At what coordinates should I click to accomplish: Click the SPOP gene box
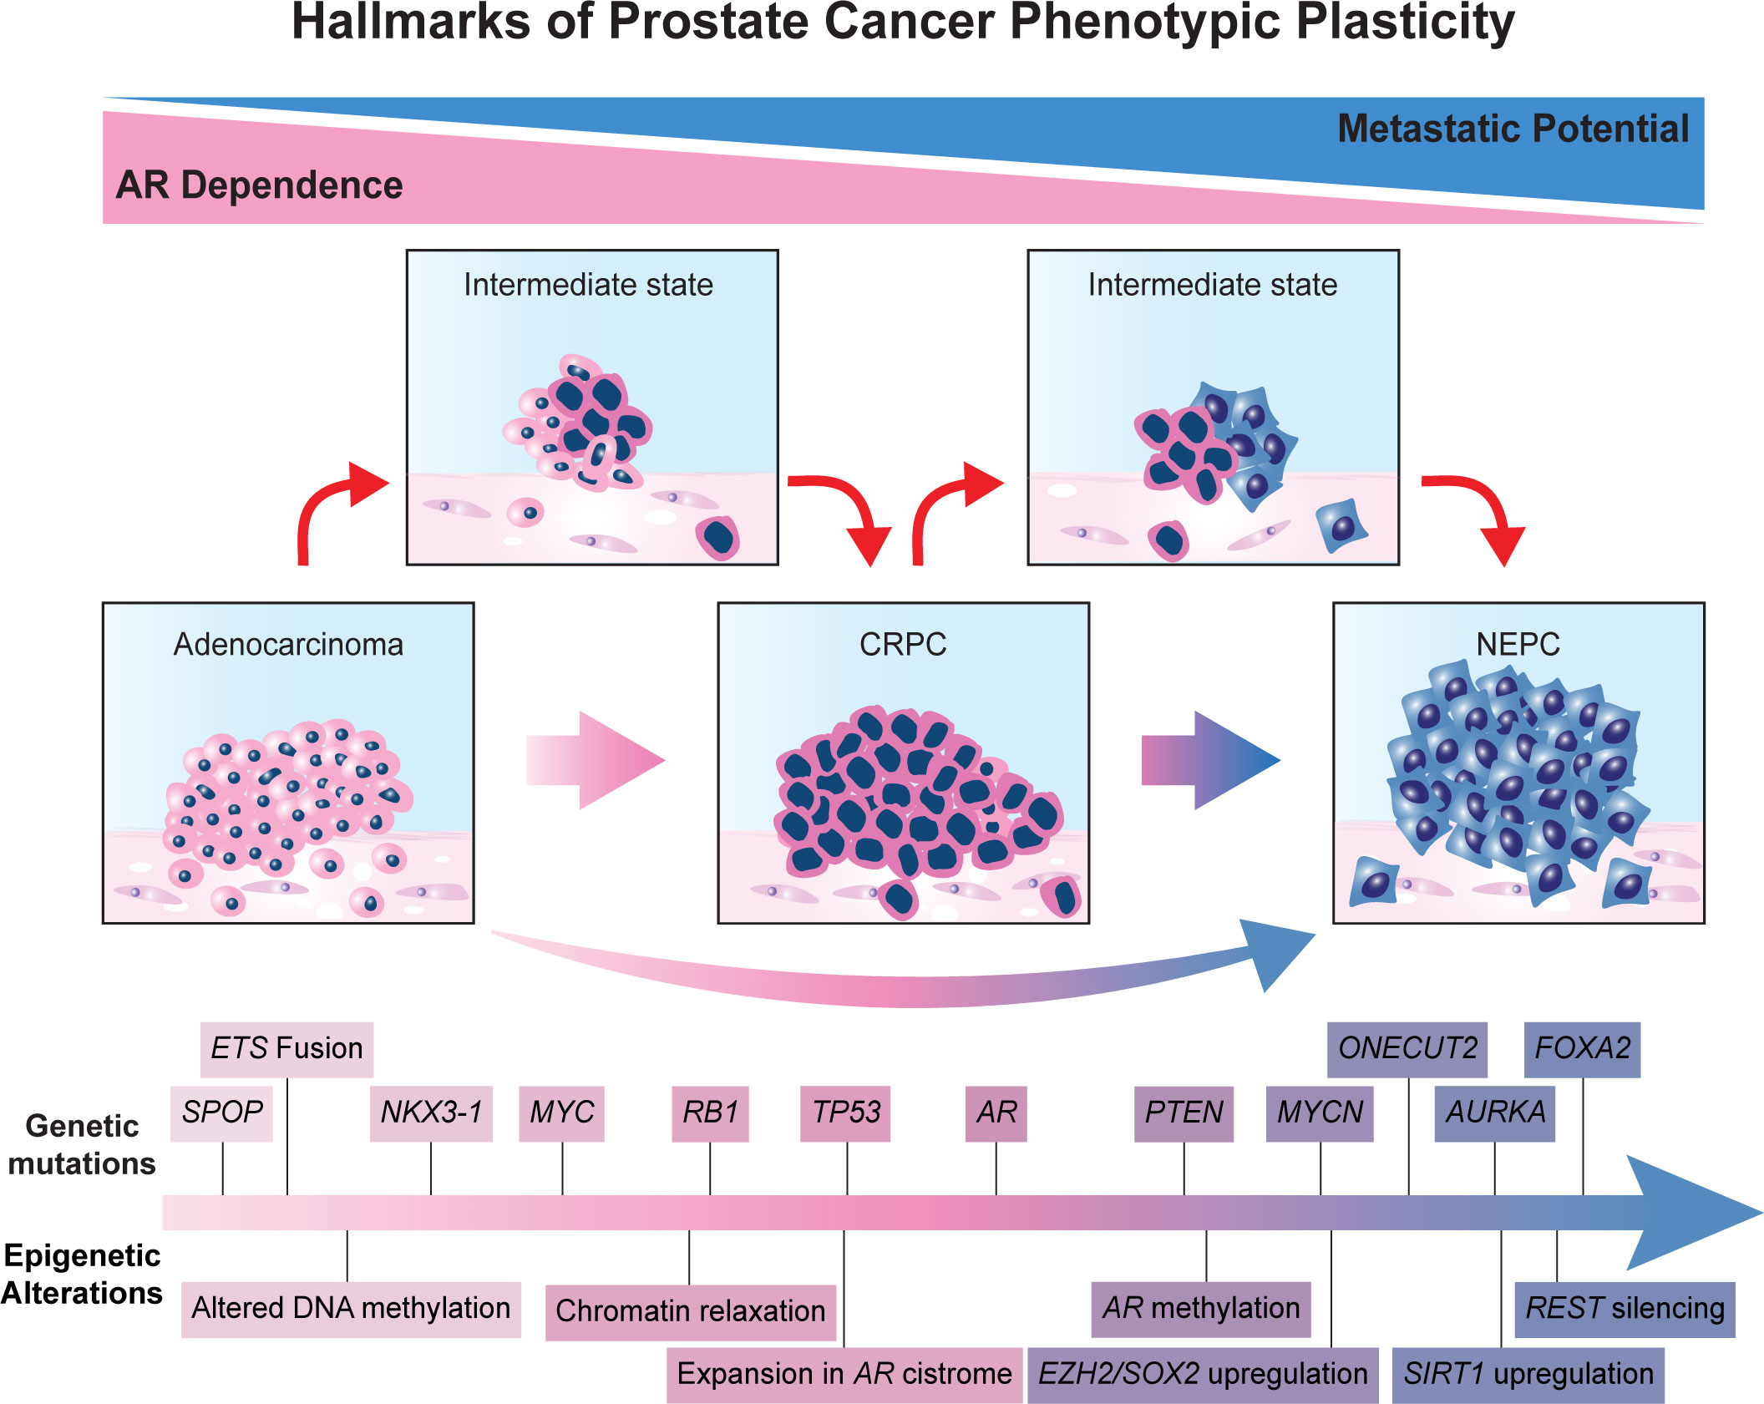[x=221, y=1113]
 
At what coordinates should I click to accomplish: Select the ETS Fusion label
[x=286, y=1049]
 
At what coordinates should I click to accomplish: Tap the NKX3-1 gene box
[x=431, y=1113]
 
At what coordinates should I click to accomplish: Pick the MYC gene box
[x=561, y=1113]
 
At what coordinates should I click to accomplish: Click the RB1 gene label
[x=710, y=1113]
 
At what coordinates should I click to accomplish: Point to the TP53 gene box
[x=845, y=1113]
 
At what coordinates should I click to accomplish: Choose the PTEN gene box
[x=1184, y=1113]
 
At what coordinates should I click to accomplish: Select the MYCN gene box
[x=1320, y=1113]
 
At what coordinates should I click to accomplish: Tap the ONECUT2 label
[x=1407, y=1049]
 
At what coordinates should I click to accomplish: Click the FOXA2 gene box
[x=1582, y=1049]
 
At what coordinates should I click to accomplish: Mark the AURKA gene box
[x=1495, y=1113]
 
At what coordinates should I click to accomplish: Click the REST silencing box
[x=1625, y=1310]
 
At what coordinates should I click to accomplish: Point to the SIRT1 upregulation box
[x=1528, y=1375]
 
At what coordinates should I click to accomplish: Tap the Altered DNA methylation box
[x=351, y=1310]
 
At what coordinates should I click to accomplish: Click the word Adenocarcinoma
[x=288, y=645]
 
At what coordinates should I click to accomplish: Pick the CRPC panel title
[x=903, y=645]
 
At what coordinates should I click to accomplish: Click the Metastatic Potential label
[x=1513, y=129]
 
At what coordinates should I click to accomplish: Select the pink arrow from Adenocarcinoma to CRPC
[x=595, y=760]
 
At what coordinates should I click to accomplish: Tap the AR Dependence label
[x=259, y=185]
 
